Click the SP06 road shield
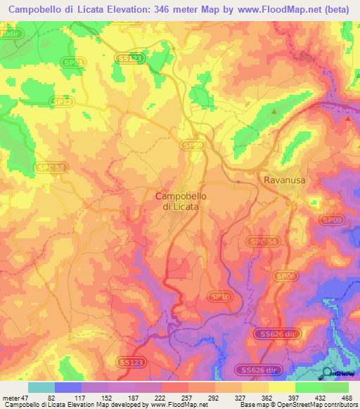[284, 276]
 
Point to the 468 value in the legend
[347, 397]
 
